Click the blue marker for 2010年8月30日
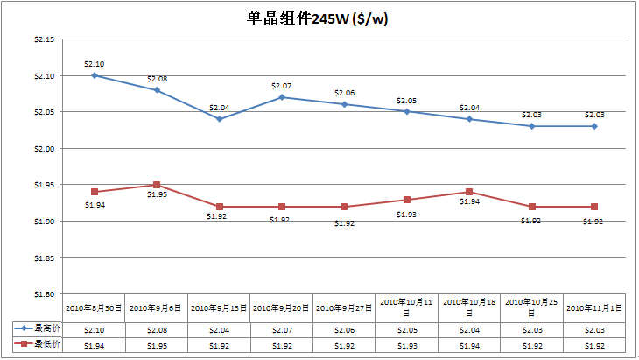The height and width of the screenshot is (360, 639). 94,75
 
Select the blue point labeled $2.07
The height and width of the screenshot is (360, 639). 282,97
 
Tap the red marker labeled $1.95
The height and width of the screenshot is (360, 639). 157,185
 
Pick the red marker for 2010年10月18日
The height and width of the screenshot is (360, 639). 469,192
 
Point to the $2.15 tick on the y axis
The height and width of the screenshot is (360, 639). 43,39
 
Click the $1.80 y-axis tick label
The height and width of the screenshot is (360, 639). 43,294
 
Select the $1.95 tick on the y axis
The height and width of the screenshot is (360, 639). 43,185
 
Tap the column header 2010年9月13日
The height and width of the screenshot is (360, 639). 219,308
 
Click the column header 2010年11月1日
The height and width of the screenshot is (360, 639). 594,308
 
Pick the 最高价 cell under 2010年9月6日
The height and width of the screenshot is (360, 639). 157,330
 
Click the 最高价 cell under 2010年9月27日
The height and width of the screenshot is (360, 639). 344,330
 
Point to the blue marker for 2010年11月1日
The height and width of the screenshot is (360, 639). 594,126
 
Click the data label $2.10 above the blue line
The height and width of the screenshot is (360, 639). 94,64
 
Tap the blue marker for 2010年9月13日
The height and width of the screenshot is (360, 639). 219,119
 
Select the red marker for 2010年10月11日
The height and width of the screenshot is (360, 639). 407,200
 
